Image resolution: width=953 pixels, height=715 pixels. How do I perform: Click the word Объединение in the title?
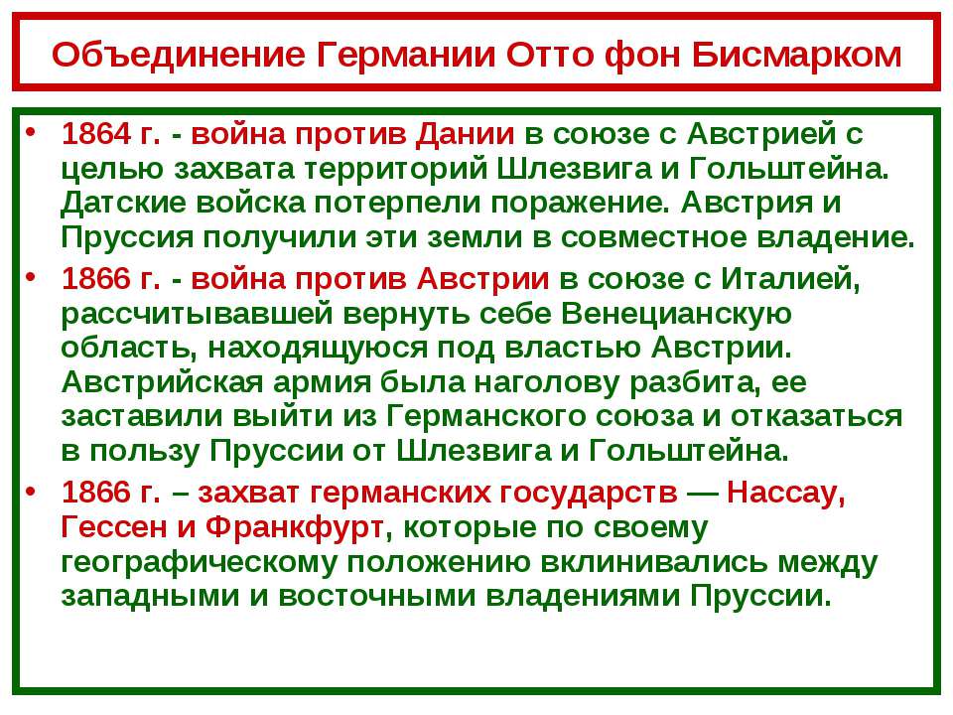[179, 55]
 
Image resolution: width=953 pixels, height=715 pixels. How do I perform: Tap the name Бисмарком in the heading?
[796, 54]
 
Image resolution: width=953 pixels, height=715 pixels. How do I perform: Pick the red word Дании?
[465, 135]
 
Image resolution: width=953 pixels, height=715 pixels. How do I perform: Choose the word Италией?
[791, 280]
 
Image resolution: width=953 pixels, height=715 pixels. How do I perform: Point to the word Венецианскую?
[676, 315]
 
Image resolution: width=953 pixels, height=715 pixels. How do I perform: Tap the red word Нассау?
[786, 493]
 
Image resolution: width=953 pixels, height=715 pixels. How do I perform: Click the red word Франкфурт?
[294, 527]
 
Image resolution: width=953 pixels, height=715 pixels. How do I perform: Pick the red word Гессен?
[113, 527]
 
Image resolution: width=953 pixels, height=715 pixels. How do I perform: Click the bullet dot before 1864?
[32, 132]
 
